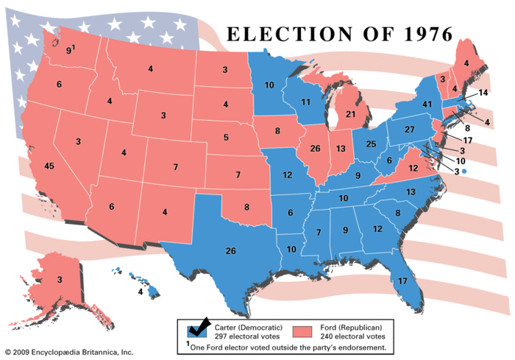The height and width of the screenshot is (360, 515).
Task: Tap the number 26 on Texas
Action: click(x=230, y=251)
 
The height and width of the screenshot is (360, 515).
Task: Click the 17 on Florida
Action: click(x=402, y=280)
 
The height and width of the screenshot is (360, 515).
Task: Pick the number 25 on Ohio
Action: click(x=372, y=143)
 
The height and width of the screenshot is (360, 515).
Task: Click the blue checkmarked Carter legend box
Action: click(x=197, y=328)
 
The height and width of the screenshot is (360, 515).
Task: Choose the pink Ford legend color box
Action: click(x=302, y=329)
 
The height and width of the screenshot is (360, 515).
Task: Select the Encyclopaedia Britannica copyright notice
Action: click(x=68, y=353)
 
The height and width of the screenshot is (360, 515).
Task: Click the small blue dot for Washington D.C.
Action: click(x=464, y=171)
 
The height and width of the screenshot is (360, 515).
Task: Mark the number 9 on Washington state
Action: click(x=68, y=51)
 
